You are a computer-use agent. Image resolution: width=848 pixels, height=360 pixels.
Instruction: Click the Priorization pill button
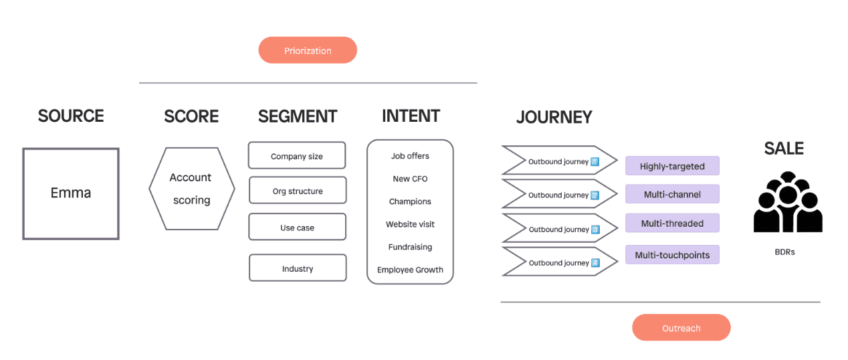coord(308,50)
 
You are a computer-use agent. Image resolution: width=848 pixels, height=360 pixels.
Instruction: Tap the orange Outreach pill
coord(681,327)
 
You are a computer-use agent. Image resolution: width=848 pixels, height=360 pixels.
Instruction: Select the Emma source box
coord(71,193)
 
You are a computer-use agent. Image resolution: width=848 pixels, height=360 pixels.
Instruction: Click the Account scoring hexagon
coord(191,189)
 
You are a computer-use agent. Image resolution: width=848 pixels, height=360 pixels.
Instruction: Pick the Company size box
coord(297,155)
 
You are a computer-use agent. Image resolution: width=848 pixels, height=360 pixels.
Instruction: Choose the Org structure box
coord(298,190)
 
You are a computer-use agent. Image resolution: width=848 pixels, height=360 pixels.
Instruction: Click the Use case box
coord(297,227)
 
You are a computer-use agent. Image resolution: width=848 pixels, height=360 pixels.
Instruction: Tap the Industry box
coord(298,268)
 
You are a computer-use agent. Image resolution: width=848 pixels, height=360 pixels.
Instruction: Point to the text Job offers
coord(410,156)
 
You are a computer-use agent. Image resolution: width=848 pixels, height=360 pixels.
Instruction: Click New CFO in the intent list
coord(410,179)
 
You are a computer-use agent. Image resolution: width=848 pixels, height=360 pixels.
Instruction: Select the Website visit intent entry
coord(410,224)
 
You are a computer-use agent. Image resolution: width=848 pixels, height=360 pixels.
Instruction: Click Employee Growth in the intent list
coord(410,270)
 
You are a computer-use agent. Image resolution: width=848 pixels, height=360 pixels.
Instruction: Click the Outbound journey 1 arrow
coord(560,161)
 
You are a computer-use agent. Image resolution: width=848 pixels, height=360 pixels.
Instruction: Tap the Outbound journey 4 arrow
coord(560,262)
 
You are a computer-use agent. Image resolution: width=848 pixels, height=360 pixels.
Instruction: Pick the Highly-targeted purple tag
coord(672,165)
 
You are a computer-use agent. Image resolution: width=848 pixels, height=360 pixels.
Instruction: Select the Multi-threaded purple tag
coord(672,223)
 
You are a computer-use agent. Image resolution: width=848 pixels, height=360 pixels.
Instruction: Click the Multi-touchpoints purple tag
coord(672,255)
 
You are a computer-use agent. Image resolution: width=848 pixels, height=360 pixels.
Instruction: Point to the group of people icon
coord(788,202)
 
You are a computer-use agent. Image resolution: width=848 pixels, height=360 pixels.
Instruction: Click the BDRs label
coord(784,252)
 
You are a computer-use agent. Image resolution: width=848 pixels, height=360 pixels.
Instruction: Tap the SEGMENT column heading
coord(298,116)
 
